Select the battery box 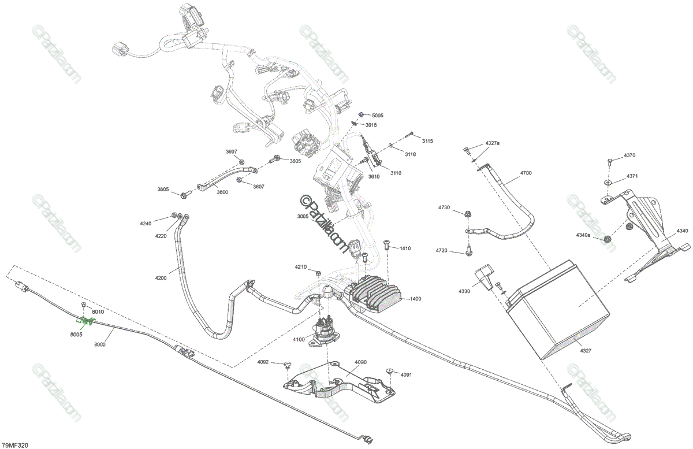pos(557,312)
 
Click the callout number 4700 pos(526,173)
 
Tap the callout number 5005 pos(377,116)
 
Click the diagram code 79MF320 pos(16,445)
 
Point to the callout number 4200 pos(161,278)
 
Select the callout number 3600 pos(222,192)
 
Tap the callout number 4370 pos(629,155)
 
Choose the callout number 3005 pos(303,216)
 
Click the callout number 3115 pos(427,141)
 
